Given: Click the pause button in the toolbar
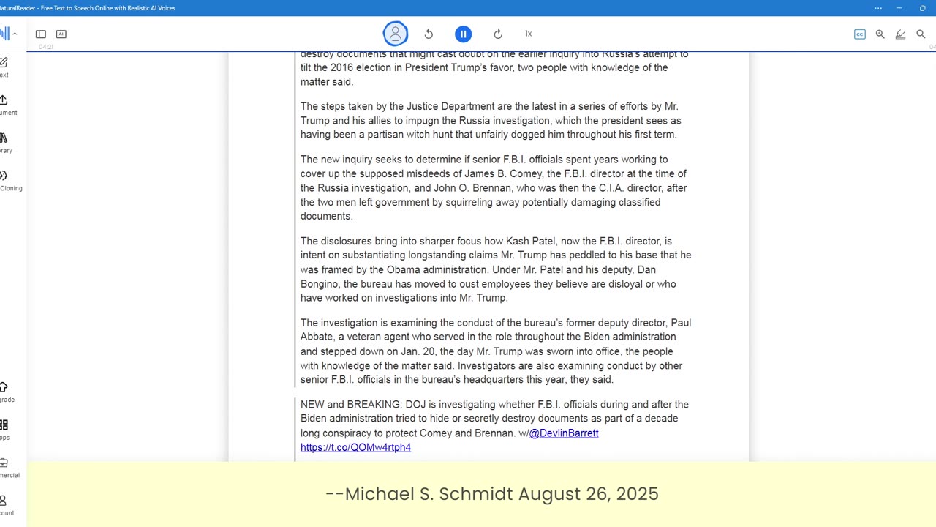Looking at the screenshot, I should click(x=463, y=34).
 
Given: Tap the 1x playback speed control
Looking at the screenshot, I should click(x=528, y=34).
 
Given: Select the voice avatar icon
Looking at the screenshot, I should click(x=396, y=34).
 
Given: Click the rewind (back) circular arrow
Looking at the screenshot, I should click(x=429, y=34).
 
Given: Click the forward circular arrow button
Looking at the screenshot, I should click(x=498, y=34).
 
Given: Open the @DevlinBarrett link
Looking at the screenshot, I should click(x=564, y=433).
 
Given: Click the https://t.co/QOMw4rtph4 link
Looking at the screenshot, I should click(x=355, y=447).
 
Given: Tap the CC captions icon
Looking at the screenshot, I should click(x=860, y=34).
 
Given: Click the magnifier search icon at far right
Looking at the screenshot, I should click(x=921, y=34).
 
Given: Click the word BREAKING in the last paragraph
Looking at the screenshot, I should click(x=374, y=405).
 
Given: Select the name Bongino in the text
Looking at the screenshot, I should click(x=320, y=284).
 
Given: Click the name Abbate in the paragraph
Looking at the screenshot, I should click(x=317, y=337).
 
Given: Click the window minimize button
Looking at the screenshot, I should click(x=899, y=8).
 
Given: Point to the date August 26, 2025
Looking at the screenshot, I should click(x=589, y=494).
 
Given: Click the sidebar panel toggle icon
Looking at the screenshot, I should click(x=41, y=34).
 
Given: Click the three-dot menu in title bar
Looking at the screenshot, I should click(x=878, y=8).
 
